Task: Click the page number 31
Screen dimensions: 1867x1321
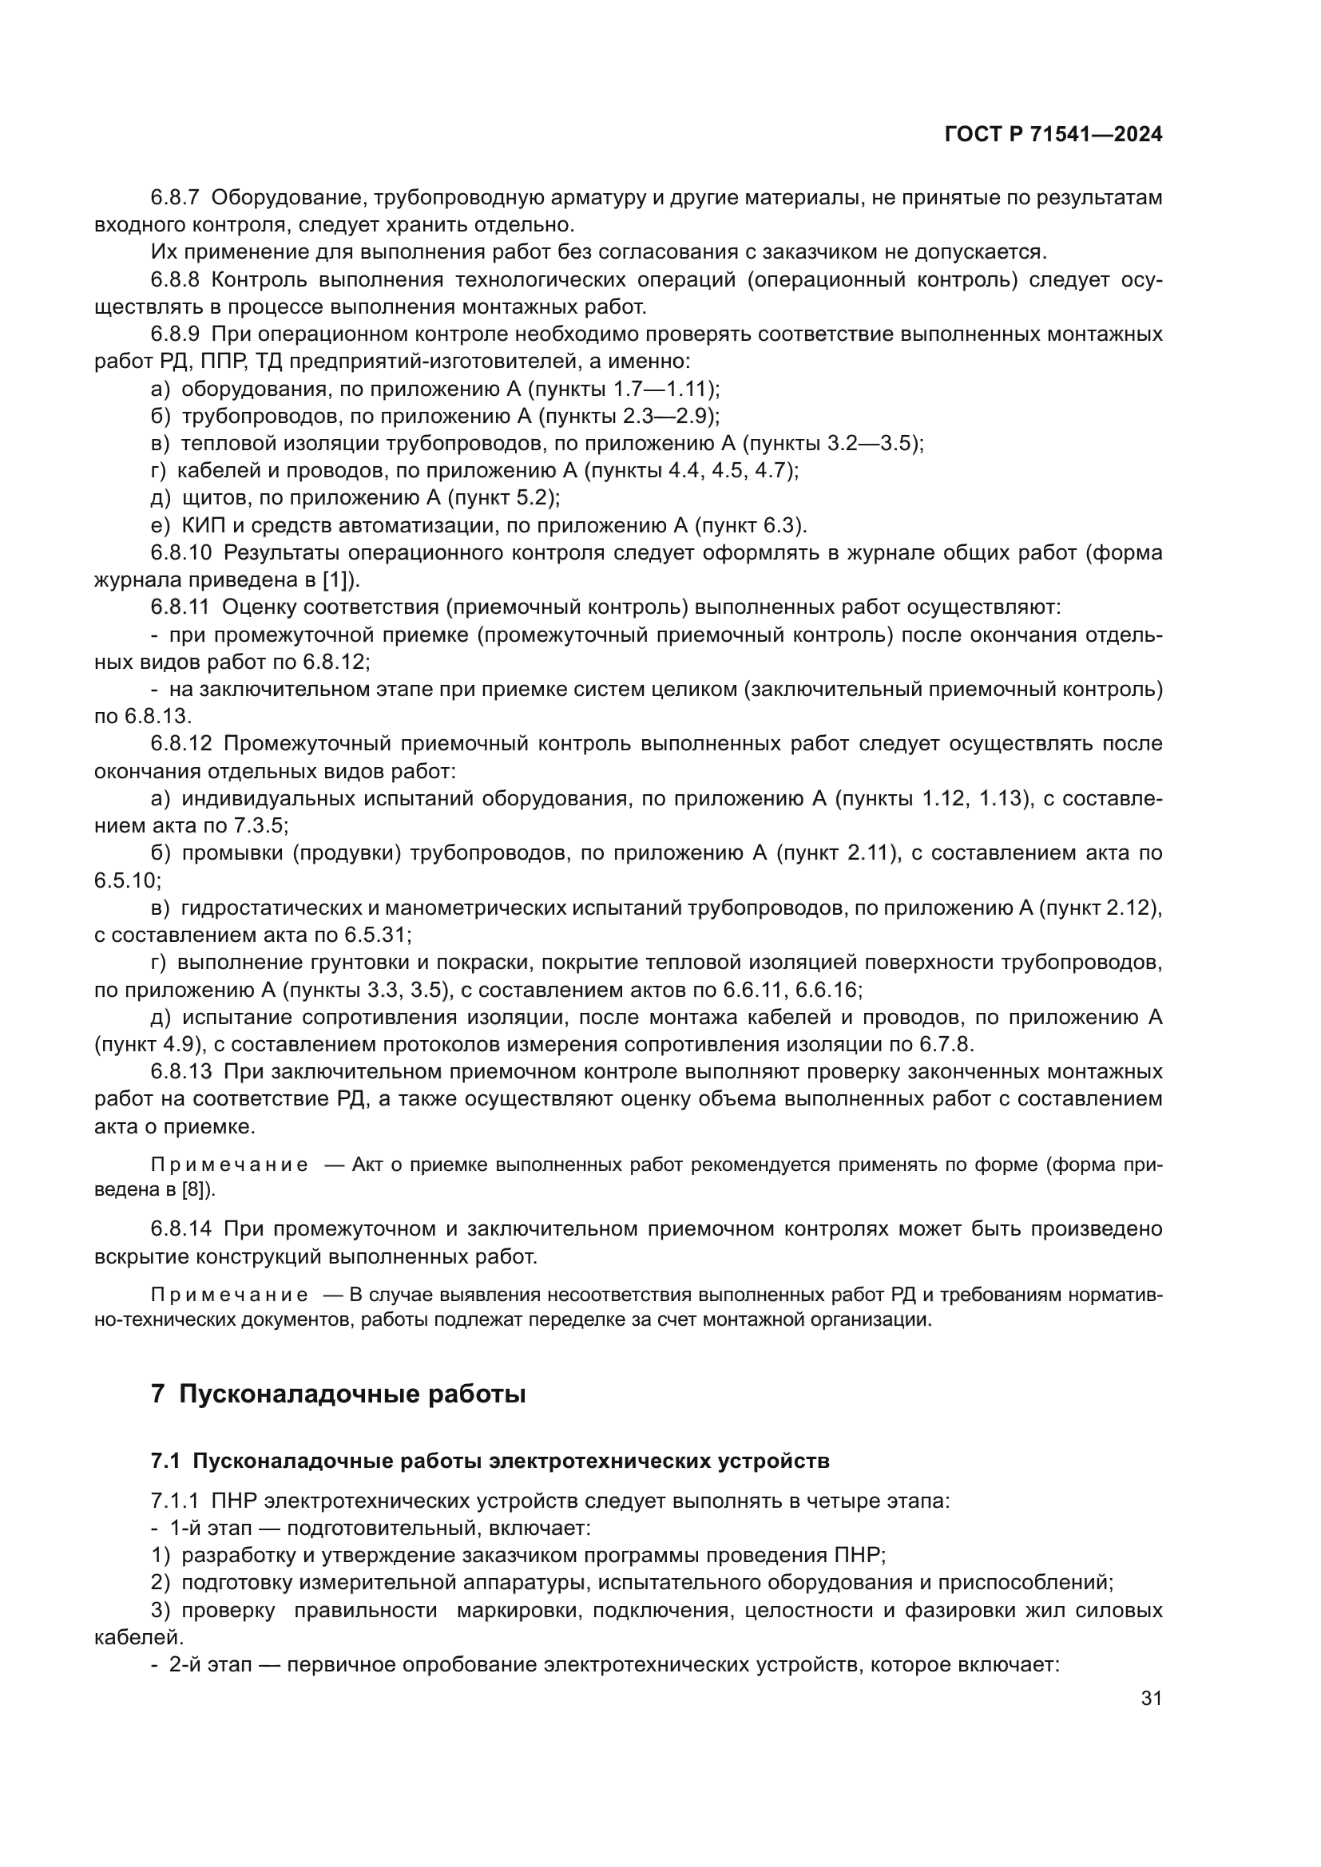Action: [x=1151, y=1698]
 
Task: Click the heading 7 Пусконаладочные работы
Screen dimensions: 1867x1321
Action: [x=338, y=1394]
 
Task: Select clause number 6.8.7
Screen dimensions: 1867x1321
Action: [x=175, y=198]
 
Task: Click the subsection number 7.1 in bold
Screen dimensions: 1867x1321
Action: [x=165, y=1461]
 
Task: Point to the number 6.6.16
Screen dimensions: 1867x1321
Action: [x=828, y=991]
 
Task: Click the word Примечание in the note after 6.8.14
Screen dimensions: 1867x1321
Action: [x=229, y=1295]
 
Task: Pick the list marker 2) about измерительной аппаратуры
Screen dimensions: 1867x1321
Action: [x=161, y=1582]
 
